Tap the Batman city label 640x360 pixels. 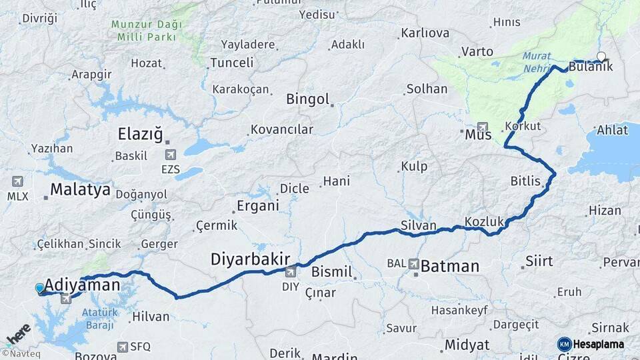[450, 267]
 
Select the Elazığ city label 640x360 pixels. [140, 134]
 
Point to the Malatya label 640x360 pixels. [80, 190]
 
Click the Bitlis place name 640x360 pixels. [523, 180]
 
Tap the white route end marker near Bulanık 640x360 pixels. [601, 57]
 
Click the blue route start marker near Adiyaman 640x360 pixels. [40, 288]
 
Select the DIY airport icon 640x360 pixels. [291, 272]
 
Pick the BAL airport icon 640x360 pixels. [415, 265]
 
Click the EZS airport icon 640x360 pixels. [170, 155]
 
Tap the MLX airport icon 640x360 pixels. [17, 181]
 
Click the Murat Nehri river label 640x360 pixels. [537, 63]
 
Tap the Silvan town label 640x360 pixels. [419, 225]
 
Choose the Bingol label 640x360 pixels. [308, 100]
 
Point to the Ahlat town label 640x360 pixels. [612, 130]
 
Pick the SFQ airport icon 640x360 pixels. [123, 347]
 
